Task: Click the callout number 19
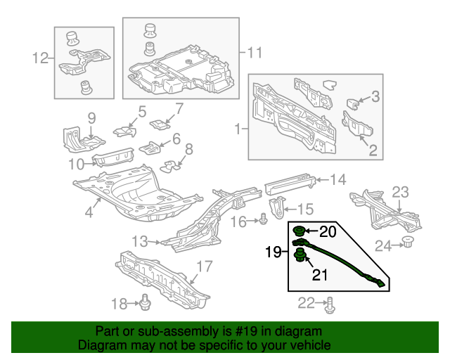coord(274,251)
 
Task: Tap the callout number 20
coord(328,231)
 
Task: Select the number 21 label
coord(320,275)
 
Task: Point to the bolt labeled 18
coord(145,302)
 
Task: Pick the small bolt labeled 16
coord(263,219)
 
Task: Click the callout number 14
coord(338,180)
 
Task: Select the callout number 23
coord(399,192)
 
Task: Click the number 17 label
coord(203,267)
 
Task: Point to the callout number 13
coord(140,241)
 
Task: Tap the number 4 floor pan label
coord(89,211)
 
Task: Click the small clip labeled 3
coord(355,103)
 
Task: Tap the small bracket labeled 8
coord(169,166)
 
